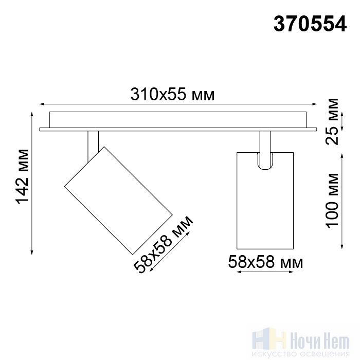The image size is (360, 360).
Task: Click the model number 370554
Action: [310, 24]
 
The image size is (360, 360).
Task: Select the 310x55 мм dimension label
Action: [172, 94]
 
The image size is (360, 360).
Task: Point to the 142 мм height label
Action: [22, 176]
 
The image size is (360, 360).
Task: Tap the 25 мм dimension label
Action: [332, 121]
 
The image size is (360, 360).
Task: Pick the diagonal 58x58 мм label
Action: [164, 244]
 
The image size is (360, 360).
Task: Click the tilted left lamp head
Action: [118, 201]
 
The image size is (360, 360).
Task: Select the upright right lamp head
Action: [265, 201]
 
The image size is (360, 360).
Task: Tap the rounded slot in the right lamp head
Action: [265, 161]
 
